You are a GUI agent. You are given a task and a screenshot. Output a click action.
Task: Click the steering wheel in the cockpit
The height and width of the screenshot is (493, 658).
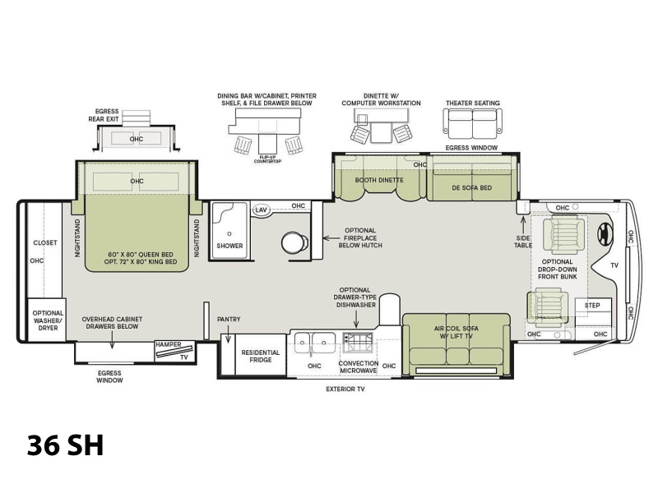[x=605, y=233]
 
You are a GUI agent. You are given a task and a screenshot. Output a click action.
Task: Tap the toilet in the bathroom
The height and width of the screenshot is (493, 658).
[x=294, y=242]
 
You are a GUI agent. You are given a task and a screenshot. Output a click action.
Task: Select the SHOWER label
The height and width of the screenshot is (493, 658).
[x=229, y=246]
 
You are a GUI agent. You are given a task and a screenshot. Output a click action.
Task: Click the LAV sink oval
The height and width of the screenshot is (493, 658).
[x=261, y=210]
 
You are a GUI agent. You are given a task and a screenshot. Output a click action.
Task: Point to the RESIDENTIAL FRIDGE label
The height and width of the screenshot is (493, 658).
[x=260, y=356]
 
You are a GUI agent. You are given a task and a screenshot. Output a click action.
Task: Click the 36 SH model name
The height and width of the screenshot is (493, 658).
[x=66, y=445]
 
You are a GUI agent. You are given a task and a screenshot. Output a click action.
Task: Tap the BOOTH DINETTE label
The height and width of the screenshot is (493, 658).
[x=379, y=180]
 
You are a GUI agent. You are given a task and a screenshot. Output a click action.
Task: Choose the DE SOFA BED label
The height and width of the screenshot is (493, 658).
[x=471, y=188]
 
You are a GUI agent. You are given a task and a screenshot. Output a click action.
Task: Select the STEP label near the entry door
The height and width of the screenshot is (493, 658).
[x=592, y=305]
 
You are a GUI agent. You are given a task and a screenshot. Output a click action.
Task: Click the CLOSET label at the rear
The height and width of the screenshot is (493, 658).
[x=45, y=242]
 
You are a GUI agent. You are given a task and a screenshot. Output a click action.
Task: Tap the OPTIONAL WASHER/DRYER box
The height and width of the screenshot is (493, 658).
[x=47, y=320]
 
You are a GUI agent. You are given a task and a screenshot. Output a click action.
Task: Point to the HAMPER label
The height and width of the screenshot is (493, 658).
[x=169, y=344]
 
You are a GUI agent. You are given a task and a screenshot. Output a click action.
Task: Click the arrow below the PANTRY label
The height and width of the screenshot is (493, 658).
[x=228, y=335]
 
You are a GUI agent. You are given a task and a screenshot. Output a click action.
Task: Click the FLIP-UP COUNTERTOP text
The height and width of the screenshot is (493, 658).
[x=267, y=159]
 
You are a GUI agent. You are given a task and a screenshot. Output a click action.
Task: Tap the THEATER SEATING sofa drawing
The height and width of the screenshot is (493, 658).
[x=472, y=124]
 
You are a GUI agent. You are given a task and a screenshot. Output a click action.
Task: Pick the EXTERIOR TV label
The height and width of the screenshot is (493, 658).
[x=345, y=389]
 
